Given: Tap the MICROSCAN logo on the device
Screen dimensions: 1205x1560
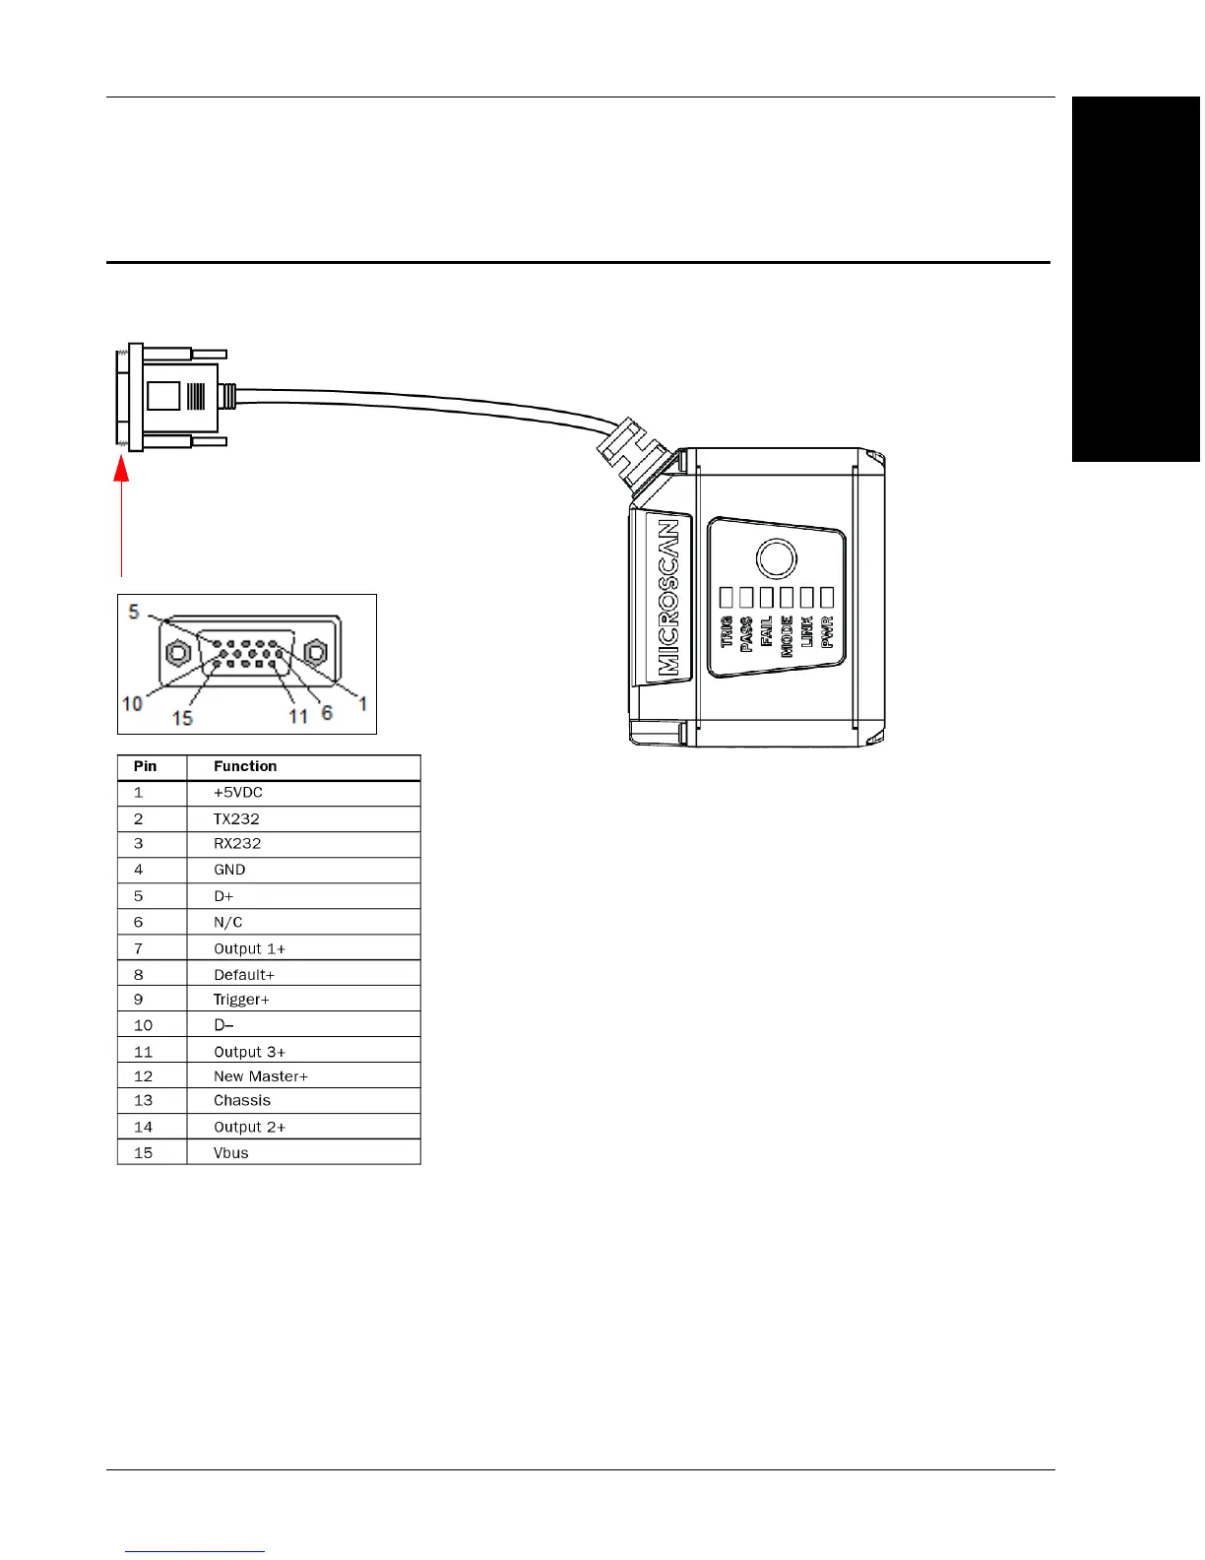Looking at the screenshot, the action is [668, 597].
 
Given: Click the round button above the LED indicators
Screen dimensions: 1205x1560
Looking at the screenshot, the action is [776, 558].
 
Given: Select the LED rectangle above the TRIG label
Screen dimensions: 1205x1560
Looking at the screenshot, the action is [727, 597].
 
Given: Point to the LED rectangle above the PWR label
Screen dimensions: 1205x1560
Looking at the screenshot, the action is [827, 597].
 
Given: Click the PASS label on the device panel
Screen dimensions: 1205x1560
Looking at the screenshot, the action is [746, 633].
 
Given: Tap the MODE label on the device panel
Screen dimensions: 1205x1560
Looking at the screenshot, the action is [787, 635].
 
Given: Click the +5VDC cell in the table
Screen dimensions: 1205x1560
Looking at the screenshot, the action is [238, 793].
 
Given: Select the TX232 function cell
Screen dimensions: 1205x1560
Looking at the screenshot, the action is [236, 819].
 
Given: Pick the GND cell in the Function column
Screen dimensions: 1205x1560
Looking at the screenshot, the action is [229, 870].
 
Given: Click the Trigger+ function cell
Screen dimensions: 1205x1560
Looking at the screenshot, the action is [241, 1000].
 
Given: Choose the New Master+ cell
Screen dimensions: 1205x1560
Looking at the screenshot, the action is [261, 1076].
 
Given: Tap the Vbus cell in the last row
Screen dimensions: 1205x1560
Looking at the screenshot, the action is [231, 1153].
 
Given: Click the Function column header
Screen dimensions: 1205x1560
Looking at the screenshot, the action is [245, 766].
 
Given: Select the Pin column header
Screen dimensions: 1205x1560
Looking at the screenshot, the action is [145, 766].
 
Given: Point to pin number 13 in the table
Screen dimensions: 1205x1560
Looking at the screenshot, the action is [144, 1101].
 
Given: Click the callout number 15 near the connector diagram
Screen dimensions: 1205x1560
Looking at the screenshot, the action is [182, 718].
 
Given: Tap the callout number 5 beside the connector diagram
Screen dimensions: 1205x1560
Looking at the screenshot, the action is [134, 612].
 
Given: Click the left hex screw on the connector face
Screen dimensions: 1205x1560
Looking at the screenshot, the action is [178, 652].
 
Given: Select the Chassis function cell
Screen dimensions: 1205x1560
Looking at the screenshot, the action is [242, 1101].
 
